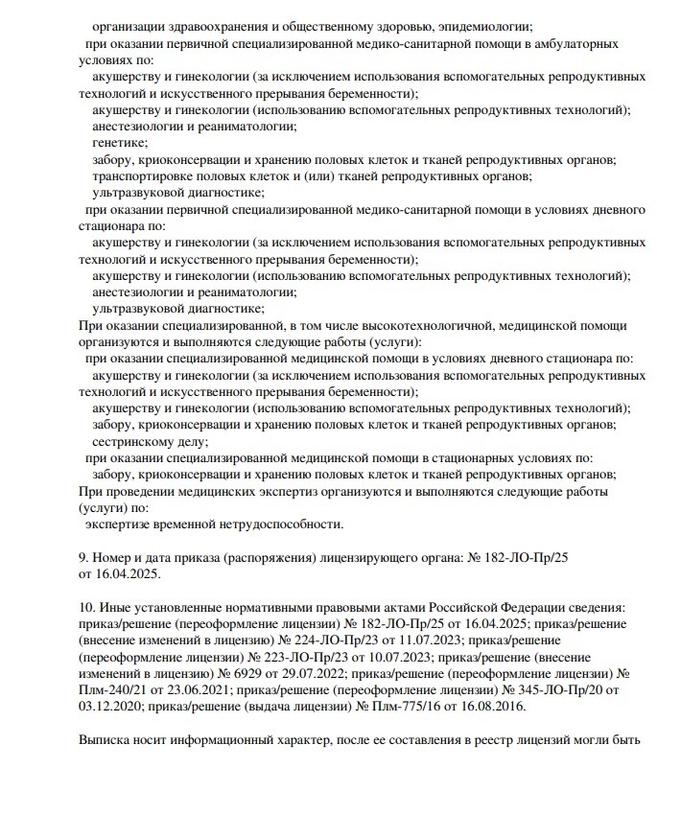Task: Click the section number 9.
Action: (x=82, y=557)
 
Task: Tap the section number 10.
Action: (x=85, y=608)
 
